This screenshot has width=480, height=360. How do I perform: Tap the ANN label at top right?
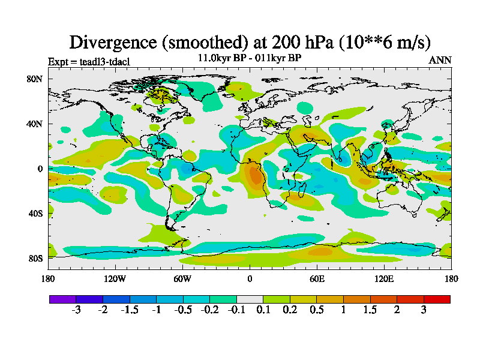coord(440,61)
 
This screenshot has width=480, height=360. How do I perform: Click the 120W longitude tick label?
coord(115,278)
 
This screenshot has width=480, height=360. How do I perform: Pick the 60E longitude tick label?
coord(317,278)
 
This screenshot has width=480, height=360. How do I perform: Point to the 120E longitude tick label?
coord(384,278)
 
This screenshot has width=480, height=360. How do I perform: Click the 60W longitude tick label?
coord(182,278)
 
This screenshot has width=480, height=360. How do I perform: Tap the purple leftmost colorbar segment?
coord(62,299)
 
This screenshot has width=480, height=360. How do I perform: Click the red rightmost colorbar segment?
coord(437,299)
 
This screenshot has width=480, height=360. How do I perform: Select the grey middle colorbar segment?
coord(250,299)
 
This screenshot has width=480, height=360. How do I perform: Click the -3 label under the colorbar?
coord(76,310)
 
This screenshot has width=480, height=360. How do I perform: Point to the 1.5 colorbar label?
coord(370,310)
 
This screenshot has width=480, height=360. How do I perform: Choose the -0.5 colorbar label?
coord(182,310)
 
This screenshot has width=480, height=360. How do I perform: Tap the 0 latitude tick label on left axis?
coord(40,169)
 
